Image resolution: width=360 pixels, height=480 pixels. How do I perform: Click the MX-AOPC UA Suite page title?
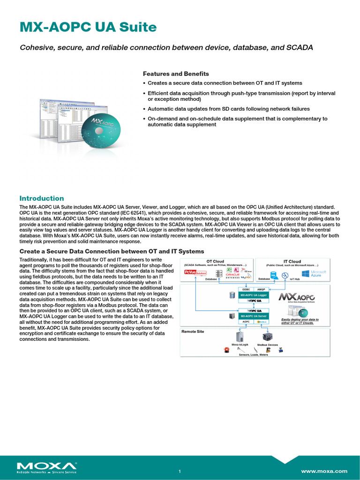pyautogui.click(x=88, y=28)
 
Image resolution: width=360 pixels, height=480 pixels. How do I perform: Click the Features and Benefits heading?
pyautogui.click(x=176, y=74)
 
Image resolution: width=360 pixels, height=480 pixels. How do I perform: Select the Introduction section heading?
pyautogui.click(x=41, y=198)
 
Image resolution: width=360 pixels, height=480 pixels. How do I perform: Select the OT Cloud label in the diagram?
pyautogui.click(x=215, y=262)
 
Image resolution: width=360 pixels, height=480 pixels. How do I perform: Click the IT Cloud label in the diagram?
pyautogui.click(x=292, y=262)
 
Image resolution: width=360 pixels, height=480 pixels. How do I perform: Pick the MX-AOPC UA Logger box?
pyautogui.click(x=254, y=295)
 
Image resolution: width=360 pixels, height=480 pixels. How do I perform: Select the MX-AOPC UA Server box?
pyautogui.click(x=254, y=316)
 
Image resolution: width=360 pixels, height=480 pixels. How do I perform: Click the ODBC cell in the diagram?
pyautogui.click(x=246, y=289)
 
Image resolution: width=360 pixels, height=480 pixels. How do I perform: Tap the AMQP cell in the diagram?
pyautogui.click(x=262, y=289)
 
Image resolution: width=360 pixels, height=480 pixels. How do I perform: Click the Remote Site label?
pyautogui.click(x=193, y=331)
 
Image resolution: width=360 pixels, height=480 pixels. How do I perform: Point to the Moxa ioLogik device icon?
pyautogui.click(x=240, y=336)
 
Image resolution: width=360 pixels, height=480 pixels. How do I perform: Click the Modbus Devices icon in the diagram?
pyautogui.click(x=267, y=337)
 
